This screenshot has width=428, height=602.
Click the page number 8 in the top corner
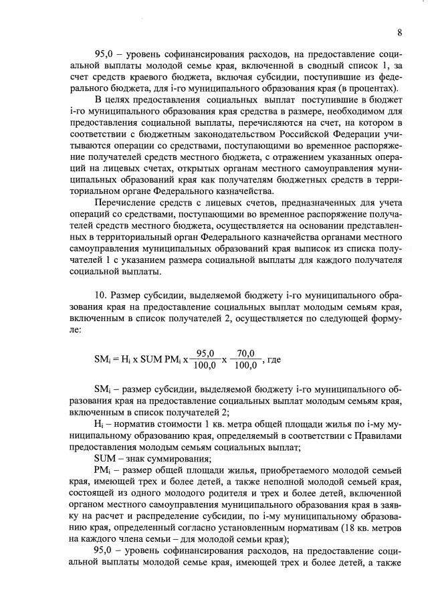399,33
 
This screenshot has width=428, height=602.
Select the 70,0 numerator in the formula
247,353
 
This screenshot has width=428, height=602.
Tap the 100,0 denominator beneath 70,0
247,366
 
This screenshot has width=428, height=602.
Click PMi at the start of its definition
102,470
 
